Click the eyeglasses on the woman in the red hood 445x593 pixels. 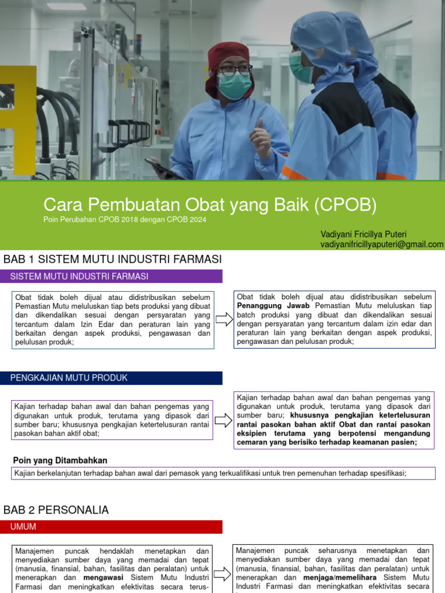[x=235, y=70]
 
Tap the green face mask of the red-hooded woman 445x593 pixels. [x=235, y=86]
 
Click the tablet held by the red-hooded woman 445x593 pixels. [x=162, y=168]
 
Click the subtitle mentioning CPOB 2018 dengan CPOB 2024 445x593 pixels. [x=125, y=220]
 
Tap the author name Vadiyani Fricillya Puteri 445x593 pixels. [x=363, y=234]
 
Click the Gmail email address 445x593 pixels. [x=382, y=244]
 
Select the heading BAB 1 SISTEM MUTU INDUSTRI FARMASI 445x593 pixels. [x=112, y=259]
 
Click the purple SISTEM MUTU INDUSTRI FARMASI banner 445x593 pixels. [x=113, y=276]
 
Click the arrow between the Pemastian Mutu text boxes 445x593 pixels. [x=223, y=319]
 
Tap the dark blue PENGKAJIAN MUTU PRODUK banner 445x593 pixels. [x=113, y=378]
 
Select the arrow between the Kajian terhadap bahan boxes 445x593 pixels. [x=223, y=420]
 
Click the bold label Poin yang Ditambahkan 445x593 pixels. [x=60, y=460]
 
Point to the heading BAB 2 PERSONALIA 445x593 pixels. [x=56, y=510]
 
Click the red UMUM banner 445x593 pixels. [x=113, y=526]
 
